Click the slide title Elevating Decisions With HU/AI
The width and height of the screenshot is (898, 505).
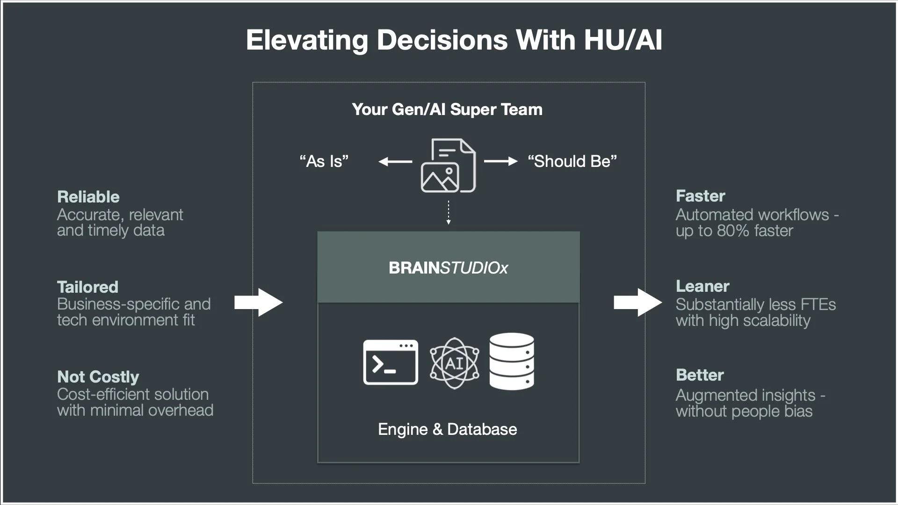[454, 40]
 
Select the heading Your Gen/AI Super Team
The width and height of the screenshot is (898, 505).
[447, 109]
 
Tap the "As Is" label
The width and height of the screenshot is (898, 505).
[324, 161]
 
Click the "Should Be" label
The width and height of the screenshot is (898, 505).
[572, 161]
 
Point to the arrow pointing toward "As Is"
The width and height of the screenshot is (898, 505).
[395, 162]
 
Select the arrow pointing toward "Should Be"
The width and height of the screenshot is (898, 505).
[500, 161]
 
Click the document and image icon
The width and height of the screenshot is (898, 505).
[448, 166]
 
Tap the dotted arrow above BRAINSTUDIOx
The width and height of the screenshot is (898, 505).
[448, 213]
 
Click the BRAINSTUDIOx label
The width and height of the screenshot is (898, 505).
[448, 268]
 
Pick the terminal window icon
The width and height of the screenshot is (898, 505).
[391, 362]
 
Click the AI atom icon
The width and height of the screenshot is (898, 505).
[454, 363]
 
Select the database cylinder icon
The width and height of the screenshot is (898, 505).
[512, 361]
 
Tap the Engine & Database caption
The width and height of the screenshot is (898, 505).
[447, 429]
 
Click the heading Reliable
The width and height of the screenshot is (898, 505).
[88, 197]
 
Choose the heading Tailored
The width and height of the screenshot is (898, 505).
[87, 287]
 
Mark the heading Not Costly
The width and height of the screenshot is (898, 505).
[98, 377]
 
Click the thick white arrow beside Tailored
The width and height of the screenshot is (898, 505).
[258, 303]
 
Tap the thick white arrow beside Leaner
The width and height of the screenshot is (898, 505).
[637, 303]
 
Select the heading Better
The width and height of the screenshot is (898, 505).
[700, 375]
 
